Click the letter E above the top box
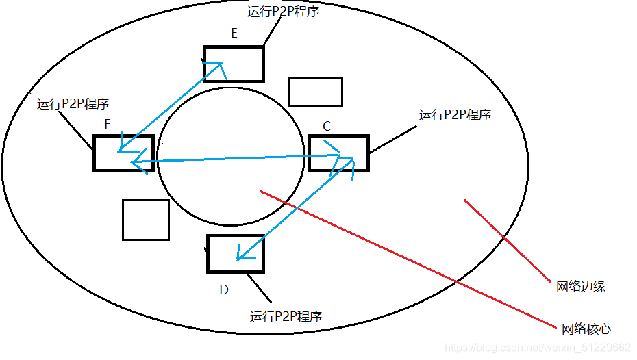[x=234, y=34]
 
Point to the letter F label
[x=108, y=125]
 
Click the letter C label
[x=327, y=126]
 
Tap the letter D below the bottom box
[x=223, y=290]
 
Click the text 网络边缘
[x=580, y=287]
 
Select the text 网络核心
[x=586, y=329]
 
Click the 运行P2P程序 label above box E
[x=283, y=12]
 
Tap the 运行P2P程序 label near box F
[x=73, y=104]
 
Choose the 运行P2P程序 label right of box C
[x=455, y=114]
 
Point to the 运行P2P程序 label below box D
[x=286, y=316]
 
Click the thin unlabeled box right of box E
[x=315, y=92]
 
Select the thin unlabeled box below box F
[x=146, y=220]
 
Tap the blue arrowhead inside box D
[x=239, y=257]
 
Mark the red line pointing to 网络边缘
[x=507, y=240]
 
